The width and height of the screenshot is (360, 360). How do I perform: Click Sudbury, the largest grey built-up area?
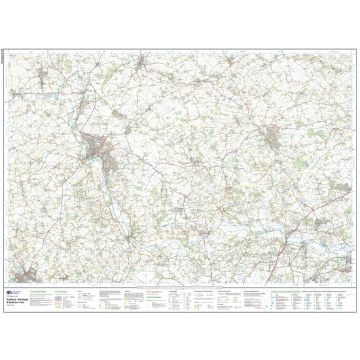pyautogui.click(x=97, y=147)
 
